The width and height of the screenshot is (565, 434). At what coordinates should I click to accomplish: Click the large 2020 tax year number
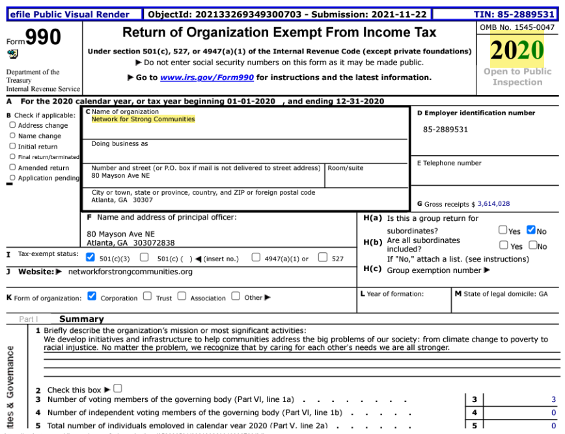(517, 51)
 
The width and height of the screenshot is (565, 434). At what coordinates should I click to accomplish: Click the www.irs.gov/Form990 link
(206, 78)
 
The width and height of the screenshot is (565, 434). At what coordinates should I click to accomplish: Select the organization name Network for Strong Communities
(143, 119)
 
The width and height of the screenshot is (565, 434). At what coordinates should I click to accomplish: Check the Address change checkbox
(12, 125)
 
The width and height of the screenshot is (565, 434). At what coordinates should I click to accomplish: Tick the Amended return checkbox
(12, 167)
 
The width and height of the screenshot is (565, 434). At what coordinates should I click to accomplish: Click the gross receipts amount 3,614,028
(493, 204)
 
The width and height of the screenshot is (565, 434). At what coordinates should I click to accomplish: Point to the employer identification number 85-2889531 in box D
(445, 130)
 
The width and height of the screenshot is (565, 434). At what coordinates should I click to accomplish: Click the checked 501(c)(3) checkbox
(90, 257)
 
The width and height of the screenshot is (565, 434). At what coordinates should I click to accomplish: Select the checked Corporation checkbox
(92, 297)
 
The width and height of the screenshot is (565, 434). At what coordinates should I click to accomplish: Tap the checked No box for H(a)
(531, 230)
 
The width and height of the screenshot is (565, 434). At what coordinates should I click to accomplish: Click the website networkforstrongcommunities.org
(130, 272)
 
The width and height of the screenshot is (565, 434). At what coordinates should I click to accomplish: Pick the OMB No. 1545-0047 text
(517, 27)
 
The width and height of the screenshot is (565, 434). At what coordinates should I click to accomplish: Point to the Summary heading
(81, 319)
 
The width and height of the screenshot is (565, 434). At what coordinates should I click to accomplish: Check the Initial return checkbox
(12, 147)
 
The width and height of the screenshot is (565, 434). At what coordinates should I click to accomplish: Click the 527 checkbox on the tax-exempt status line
(322, 257)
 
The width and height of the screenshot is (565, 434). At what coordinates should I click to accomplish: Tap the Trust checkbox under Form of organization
(147, 297)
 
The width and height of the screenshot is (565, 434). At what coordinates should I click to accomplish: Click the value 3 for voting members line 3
(553, 399)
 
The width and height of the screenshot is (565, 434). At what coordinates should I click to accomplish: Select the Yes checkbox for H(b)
(503, 245)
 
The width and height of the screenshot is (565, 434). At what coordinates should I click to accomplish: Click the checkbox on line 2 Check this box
(118, 388)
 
